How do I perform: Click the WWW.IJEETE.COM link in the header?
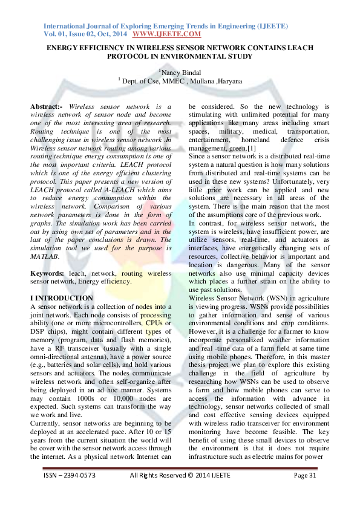[x=166, y=35]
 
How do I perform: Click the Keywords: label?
[x=48, y=273]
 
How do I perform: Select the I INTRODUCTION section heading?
[x=62, y=298]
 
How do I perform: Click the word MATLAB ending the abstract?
[x=45, y=256]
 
